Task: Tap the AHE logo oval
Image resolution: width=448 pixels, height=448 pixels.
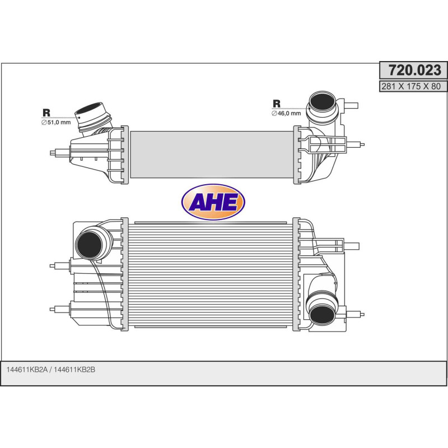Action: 213,202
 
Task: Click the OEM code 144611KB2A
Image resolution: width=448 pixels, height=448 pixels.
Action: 27,370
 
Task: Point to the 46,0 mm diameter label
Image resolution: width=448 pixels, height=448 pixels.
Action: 286,113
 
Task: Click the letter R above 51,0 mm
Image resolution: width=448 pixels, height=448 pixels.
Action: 46,112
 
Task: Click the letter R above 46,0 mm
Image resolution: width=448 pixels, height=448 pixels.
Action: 277,103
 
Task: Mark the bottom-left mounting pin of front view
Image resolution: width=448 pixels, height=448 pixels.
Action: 55,308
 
